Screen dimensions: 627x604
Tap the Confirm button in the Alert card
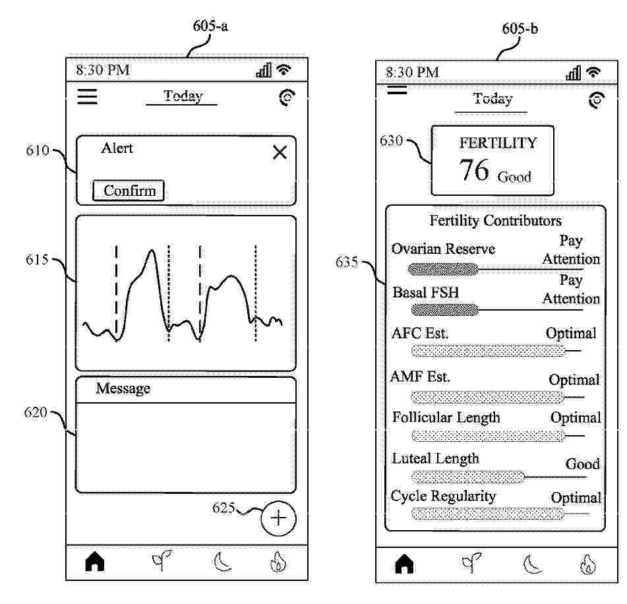[x=129, y=191]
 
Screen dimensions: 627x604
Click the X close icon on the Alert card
[x=280, y=152]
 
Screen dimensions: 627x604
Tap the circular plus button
[x=278, y=518]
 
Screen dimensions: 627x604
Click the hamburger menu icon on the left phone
[x=87, y=97]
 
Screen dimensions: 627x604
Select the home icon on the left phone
[x=95, y=561]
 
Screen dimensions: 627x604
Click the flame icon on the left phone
[x=278, y=562]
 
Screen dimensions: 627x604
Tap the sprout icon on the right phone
[x=471, y=562]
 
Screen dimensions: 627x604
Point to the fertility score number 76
[x=474, y=169]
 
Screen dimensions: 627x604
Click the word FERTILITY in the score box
[x=498, y=143]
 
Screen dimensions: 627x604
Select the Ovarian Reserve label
[x=444, y=249]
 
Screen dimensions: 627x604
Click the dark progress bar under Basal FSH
[x=445, y=309]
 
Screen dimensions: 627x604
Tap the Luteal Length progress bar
[x=468, y=477]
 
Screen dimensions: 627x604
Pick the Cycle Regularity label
[x=443, y=497]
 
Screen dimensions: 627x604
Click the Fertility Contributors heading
[x=495, y=220]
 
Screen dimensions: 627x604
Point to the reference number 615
[x=37, y=260]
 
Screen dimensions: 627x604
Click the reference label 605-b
[x=520, y=29]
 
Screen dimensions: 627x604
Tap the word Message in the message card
[x=123, y=388]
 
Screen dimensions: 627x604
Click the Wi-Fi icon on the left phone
[x=284, y=69]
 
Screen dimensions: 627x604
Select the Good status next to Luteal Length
[x=582, y=464]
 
